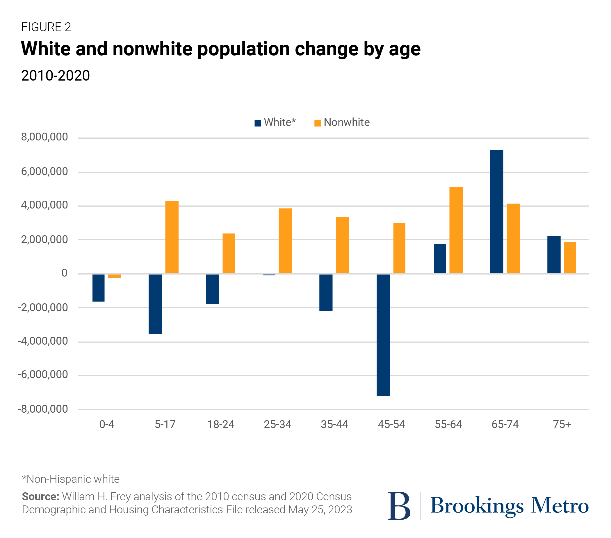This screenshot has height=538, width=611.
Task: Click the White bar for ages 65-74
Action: pyautogui.click(x=496, y=212)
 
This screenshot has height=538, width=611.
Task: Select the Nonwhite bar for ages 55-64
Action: pyautogui.click(x=456, y=230)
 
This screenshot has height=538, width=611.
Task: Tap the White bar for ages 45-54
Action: pyautogui.click(x=383, y=335)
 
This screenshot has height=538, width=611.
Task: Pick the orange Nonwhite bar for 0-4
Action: pyautogui.click(x=115, y=276)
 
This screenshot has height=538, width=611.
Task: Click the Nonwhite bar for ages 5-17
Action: pyautogui.click(x=172, y=237)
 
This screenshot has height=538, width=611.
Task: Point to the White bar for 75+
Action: pyautogui.click(x=554, y=255)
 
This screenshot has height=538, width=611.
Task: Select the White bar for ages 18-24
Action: pyautogui.click(x=212, y=289)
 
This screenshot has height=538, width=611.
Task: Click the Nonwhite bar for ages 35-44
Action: pyautogui.click(x=343, y=245)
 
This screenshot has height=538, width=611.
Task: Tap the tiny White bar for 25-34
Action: pyautogui.click(x=269, y=275)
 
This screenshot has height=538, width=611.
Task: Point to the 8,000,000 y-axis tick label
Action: pyautogui.click(x=44, y=137)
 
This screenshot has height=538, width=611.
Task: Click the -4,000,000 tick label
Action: pyautogui.click(x=43, y=341)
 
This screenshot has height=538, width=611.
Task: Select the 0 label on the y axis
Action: pyautogui.click(x=64, y=273)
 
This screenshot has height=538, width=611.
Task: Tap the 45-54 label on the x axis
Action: pyautogui.click(x=391, y=424)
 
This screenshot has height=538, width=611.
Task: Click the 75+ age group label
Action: pyautogui.click(x=562, y=424)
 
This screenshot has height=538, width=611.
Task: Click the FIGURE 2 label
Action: pyautogui.click(x=46, y=27)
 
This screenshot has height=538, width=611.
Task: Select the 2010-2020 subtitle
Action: pyautogui.click(x=55, y=76)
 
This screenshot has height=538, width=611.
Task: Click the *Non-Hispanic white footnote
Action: pyautogui.click(x=71, y=479)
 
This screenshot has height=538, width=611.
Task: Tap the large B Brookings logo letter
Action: pyautogui.click(x=399, y=506)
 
